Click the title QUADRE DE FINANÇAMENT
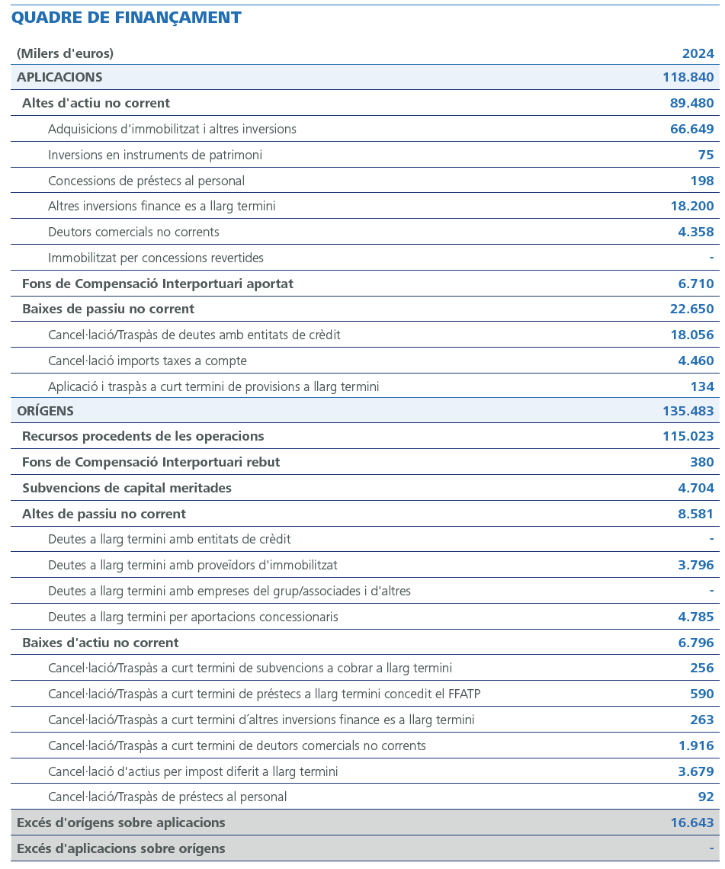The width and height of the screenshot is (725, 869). click(x=127, y=18)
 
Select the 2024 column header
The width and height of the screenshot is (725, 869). click(x=698, y=53)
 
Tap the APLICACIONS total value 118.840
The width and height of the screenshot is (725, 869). click(x=688, y=77)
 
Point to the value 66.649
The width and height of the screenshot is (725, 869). click(x=691, y=129)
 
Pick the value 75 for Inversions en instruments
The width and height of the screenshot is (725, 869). click(x=705, y=155)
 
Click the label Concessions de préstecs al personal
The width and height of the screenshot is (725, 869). click(x=146, y=181)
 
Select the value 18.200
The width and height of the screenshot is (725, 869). click(x=691, y=206)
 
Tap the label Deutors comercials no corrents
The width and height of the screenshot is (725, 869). click(x=133, y=232)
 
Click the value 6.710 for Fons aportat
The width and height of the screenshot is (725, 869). click(x=695, y=284)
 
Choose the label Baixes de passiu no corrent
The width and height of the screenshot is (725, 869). click(x=108, y=309)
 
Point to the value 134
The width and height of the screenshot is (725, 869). click(x=701, y=386)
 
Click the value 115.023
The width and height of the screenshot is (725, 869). click(x=688, y=436)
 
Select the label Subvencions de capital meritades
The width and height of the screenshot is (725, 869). click(x=127, y=488)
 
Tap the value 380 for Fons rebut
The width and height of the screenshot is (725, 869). click(x=701, y=462)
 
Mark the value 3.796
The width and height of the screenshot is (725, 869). click(x=695, y=565)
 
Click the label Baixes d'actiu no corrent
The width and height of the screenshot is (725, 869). click(x=101, y=643)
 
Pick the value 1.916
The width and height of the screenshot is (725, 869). click(x=695, y=746)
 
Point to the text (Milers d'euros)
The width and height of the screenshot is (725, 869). click(x=65, y=53)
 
